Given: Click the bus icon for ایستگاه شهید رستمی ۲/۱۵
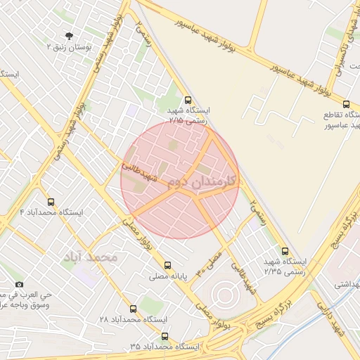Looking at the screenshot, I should coord(187,101).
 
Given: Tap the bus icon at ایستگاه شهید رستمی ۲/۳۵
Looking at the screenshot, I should coord(284,250).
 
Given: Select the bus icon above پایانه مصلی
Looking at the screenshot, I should coord(167,265).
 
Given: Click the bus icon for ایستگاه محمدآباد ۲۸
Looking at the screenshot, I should coord(133,309).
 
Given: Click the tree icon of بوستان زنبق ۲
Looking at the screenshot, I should coord(68,36).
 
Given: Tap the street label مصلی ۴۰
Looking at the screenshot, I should coord(209,262).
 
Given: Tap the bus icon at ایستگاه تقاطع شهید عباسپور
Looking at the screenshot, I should coord(346,103).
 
